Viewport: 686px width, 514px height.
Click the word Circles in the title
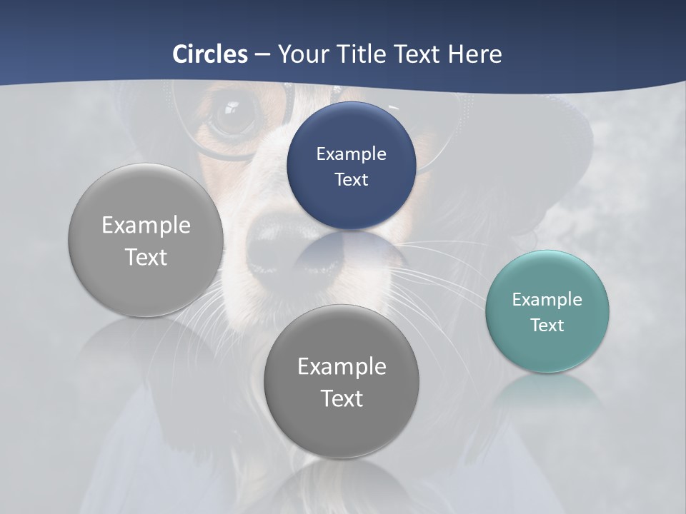210,54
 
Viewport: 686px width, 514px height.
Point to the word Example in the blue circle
351,153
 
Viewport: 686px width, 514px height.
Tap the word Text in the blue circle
351,179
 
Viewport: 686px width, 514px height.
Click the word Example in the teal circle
547,299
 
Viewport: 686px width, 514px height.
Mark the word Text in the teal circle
547,326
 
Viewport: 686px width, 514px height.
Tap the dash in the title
262,54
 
